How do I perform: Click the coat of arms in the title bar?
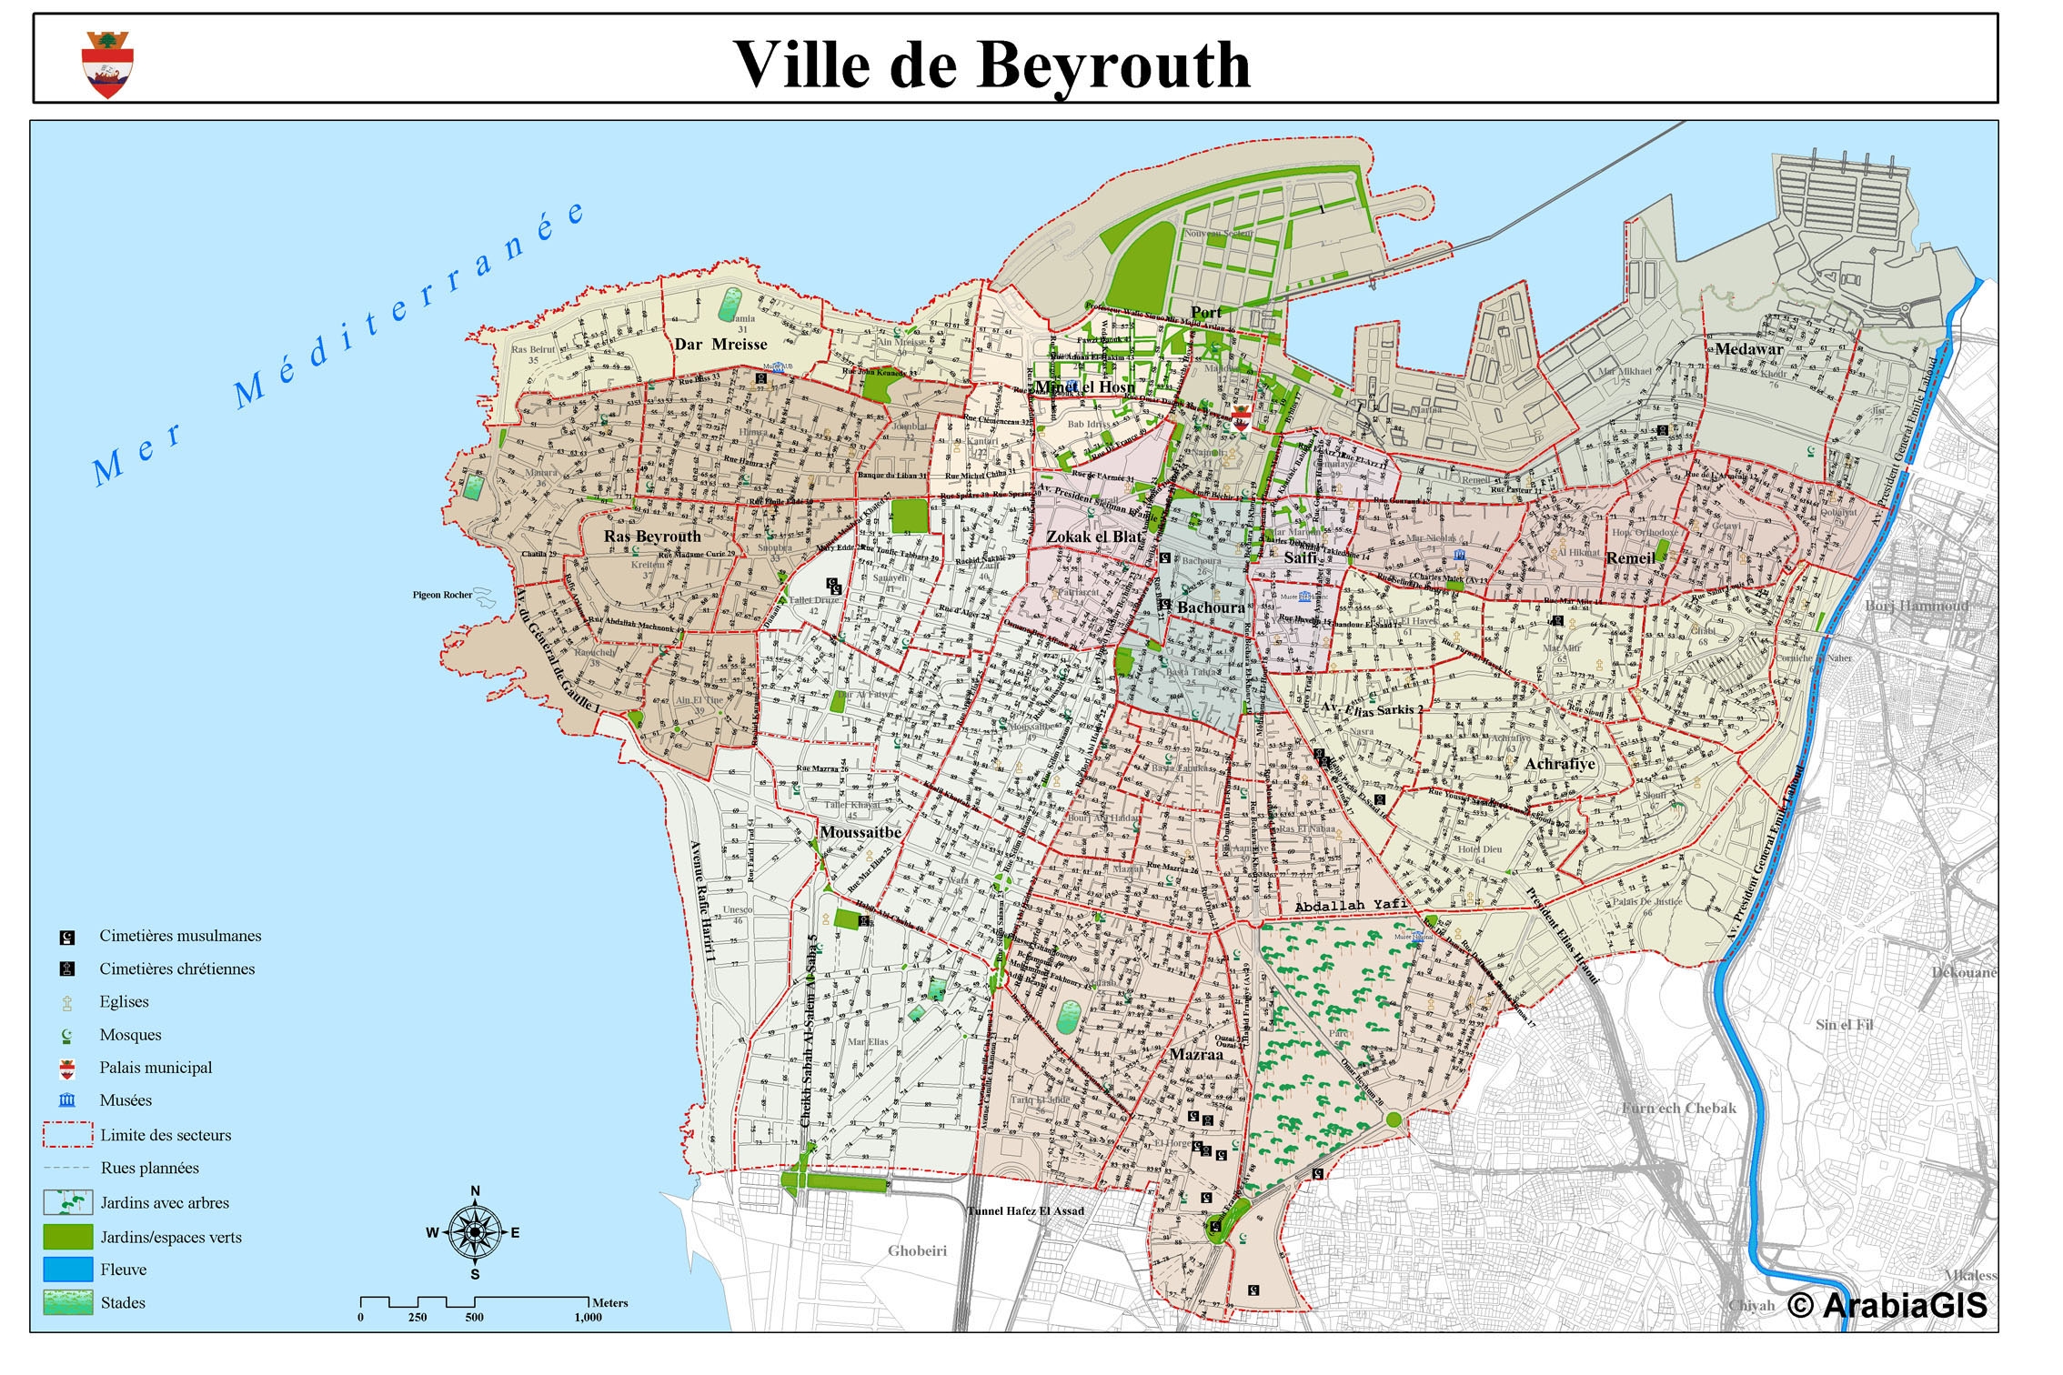click(107, 64)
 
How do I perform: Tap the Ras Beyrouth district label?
click(652, 537)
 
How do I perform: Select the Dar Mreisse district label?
click(720, 344)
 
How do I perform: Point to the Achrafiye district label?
click(1560, 764)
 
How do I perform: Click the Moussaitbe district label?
click(860, 832)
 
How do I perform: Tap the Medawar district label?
click(1748, 349)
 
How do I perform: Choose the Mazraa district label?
click(1196, 1055)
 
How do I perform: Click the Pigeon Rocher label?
click(443, 595)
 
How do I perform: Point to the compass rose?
click(474, 1232)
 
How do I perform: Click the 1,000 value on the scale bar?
click(588, 1317)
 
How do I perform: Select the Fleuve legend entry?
click(123, 1270)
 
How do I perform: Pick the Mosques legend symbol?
click(66, 1036)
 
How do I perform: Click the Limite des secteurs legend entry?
click(165, 1135)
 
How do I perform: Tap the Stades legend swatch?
click(67, 1302)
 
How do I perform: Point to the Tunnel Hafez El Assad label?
click(1025, 1210)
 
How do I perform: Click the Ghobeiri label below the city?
click(917, 1250)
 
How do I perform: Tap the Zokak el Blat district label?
click(1093, 537)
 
